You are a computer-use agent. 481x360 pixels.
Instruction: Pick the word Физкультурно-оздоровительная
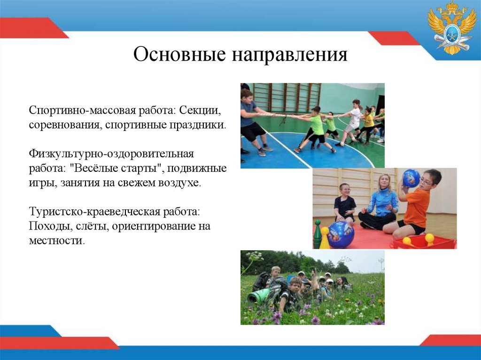tap(111, 154)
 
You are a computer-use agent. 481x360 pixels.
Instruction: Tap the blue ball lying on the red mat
tap(341, 235)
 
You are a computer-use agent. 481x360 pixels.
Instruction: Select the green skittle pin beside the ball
tap(318, 233)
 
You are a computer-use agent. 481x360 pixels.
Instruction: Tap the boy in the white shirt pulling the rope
tap(354, 117)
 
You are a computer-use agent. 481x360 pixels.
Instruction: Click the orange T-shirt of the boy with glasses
tap(417, 207)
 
